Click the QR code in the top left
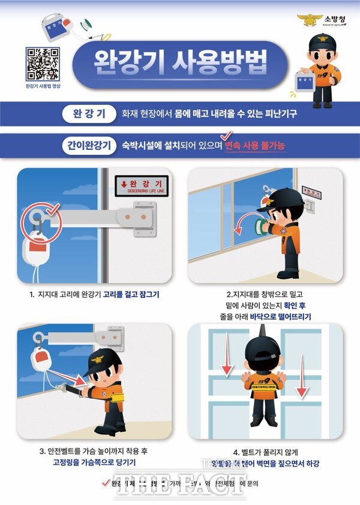[x=43, y=63]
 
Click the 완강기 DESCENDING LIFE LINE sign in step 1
[x=142, y=185]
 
